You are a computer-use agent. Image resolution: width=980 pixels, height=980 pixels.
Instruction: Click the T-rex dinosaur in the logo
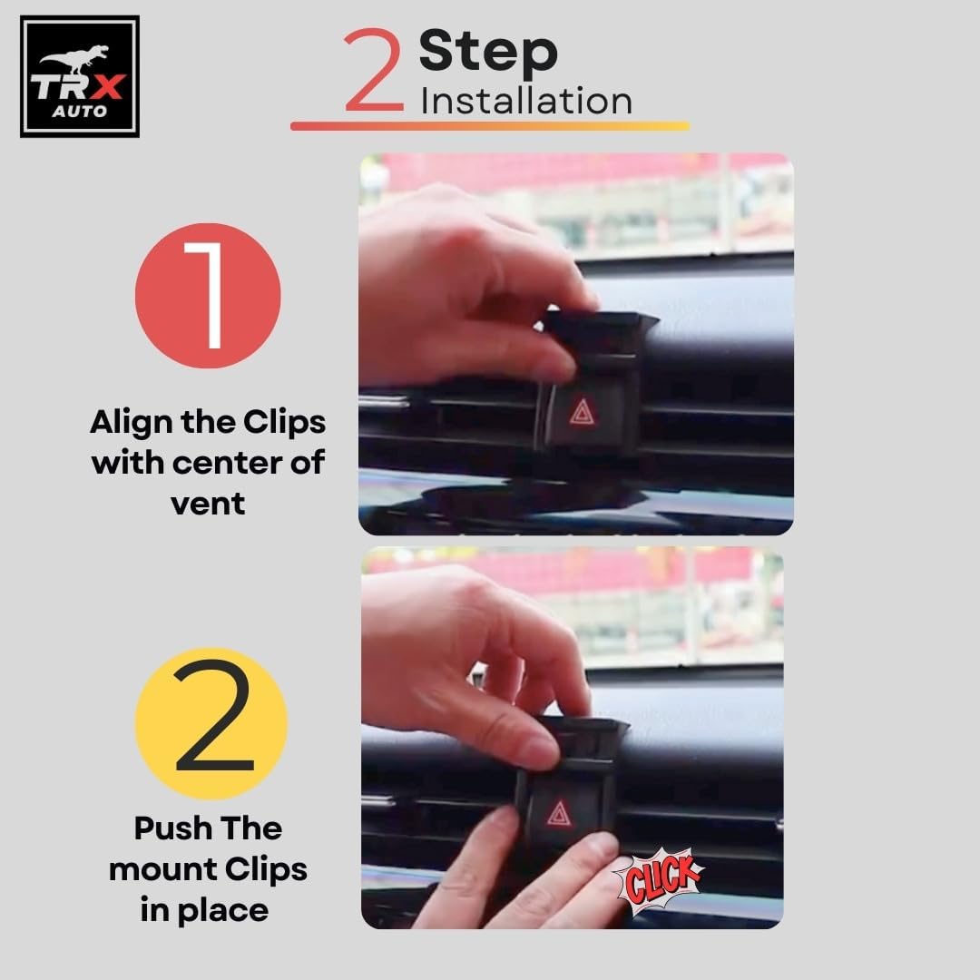[75, 58]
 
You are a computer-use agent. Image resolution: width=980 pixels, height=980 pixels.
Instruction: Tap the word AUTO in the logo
[79, 112]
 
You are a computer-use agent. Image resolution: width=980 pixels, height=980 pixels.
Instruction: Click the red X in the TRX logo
[107, 87]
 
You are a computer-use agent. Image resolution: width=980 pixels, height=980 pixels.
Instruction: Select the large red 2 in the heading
[374, 69]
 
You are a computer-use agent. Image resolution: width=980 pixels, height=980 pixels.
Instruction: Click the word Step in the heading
[488, 52]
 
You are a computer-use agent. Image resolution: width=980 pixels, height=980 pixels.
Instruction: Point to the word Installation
[526, 102]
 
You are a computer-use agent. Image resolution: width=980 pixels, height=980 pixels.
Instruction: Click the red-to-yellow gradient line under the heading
[490, 125]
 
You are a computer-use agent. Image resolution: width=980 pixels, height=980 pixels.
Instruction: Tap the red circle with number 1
[208, 296]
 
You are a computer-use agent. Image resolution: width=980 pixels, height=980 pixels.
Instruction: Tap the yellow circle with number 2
[211, 724]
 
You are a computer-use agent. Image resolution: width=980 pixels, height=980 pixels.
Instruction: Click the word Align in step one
[132, 423]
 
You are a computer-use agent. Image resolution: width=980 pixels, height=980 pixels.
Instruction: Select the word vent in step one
[208, 504]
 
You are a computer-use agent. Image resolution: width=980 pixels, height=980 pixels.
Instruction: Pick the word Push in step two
[172, 828]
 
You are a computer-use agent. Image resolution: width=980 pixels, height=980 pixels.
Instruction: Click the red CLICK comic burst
[660, 880]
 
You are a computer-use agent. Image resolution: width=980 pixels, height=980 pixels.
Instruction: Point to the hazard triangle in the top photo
[583, 413]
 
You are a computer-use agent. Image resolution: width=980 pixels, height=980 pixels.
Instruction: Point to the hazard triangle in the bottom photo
[559, 814]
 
